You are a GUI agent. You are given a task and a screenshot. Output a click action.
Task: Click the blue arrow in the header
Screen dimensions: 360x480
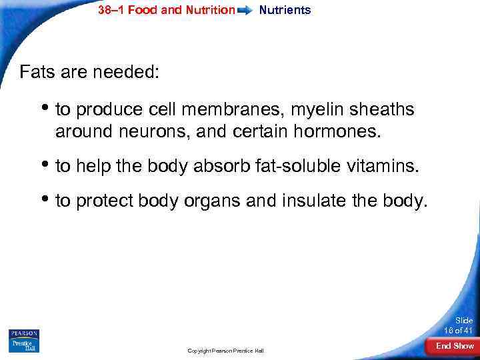pos(246,11)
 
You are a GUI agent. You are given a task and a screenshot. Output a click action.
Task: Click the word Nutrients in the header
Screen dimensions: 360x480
pos(285,10)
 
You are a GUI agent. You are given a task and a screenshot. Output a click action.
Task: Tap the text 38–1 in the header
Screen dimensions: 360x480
pos(111,10)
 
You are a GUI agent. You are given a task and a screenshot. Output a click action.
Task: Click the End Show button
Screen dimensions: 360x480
pos(454,346)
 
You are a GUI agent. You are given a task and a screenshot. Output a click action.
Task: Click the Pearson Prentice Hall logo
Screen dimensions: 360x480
pos(24,340)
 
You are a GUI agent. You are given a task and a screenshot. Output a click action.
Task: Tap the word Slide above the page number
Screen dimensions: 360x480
pos(463,321)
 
